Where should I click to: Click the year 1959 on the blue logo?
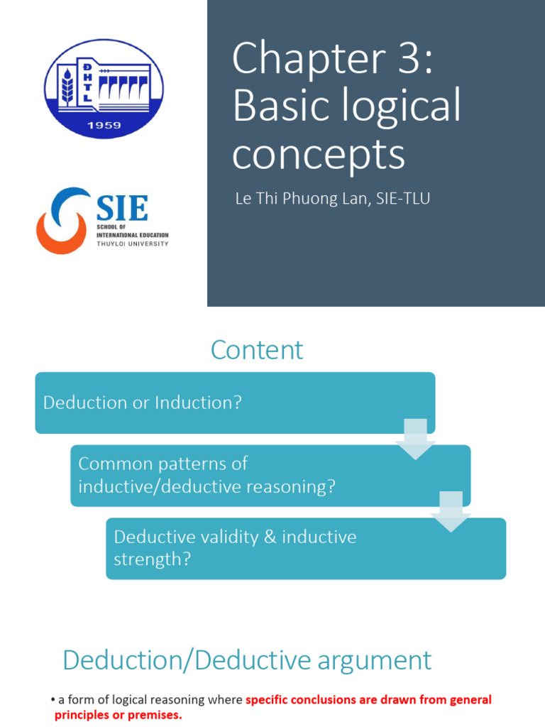104,126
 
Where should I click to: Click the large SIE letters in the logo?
121,209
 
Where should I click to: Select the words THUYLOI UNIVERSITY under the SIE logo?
132,244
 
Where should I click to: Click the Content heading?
257,350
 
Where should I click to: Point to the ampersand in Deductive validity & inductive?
269,537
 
